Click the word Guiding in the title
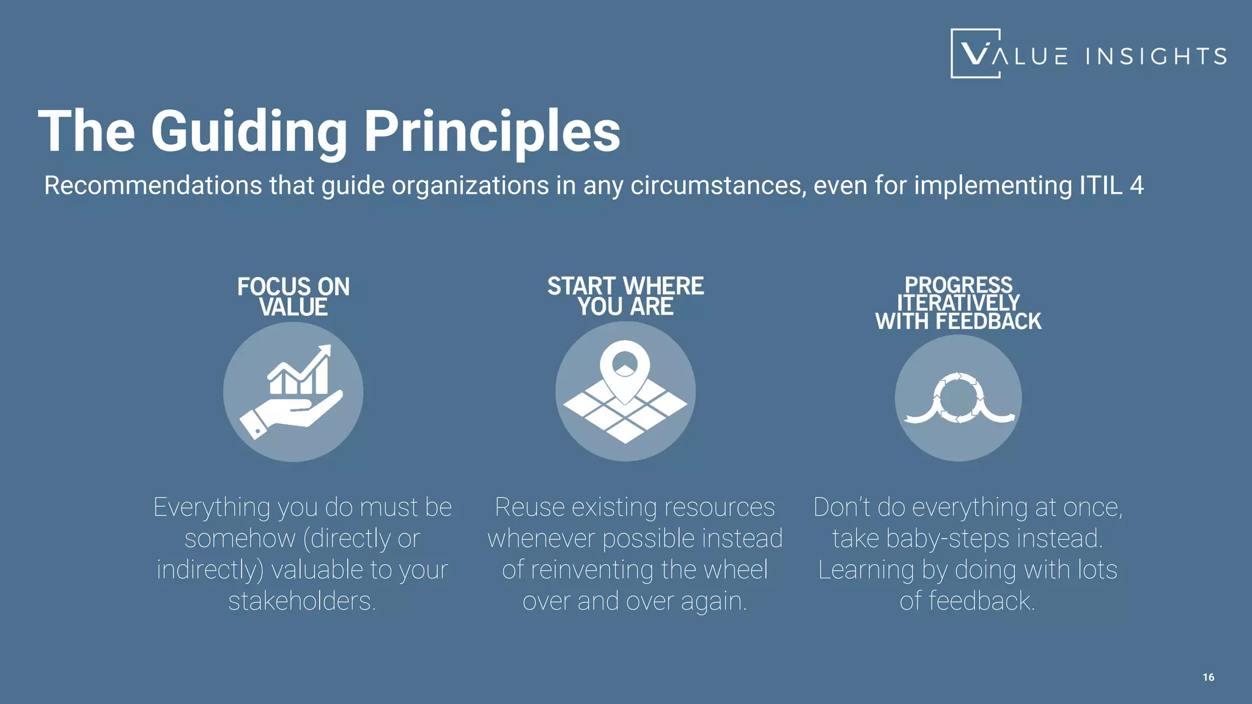point(249,132)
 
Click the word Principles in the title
point(492,132)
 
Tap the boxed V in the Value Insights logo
point(975,54)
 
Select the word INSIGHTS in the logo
point(1156,57)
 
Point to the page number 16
point(1208,677)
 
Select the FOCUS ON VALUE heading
point(293,297)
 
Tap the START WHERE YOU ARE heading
point(625,296)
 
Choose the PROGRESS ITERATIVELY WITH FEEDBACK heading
point(958,303)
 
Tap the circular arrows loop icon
point(958,398)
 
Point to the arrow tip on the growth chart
point(325,351)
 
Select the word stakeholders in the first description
point(302,601)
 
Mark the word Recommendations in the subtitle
point(153,185)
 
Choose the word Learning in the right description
point(866,570)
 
